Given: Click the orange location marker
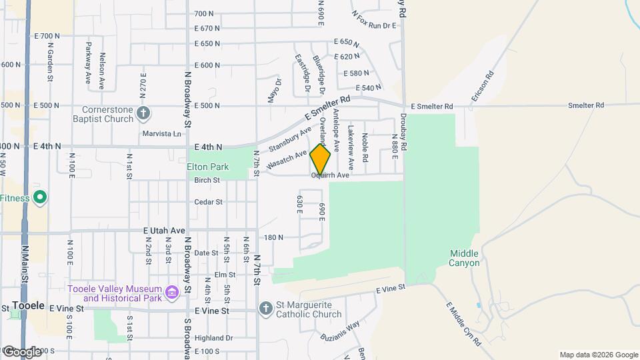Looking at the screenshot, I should pos(321,159).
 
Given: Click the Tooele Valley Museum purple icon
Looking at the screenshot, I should pos(172,291).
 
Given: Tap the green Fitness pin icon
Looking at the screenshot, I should pos(40,197).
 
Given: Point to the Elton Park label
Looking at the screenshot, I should pos(208,166).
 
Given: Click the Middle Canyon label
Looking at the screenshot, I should pos(465,258).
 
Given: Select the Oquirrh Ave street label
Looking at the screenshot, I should pos(330,175).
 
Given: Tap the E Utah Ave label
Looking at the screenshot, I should pos(163,230).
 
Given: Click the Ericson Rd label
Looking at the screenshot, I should pos(483,87).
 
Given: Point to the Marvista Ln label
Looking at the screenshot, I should pos(161,133).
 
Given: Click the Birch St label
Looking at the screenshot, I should pos(207,180).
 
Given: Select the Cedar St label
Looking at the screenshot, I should pos(208,202).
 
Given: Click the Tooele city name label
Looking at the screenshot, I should pos(28,306).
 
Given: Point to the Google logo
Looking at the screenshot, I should pos(22,351).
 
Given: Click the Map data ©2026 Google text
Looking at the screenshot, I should pos(598,355).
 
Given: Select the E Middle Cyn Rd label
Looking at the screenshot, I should pos(463,323).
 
